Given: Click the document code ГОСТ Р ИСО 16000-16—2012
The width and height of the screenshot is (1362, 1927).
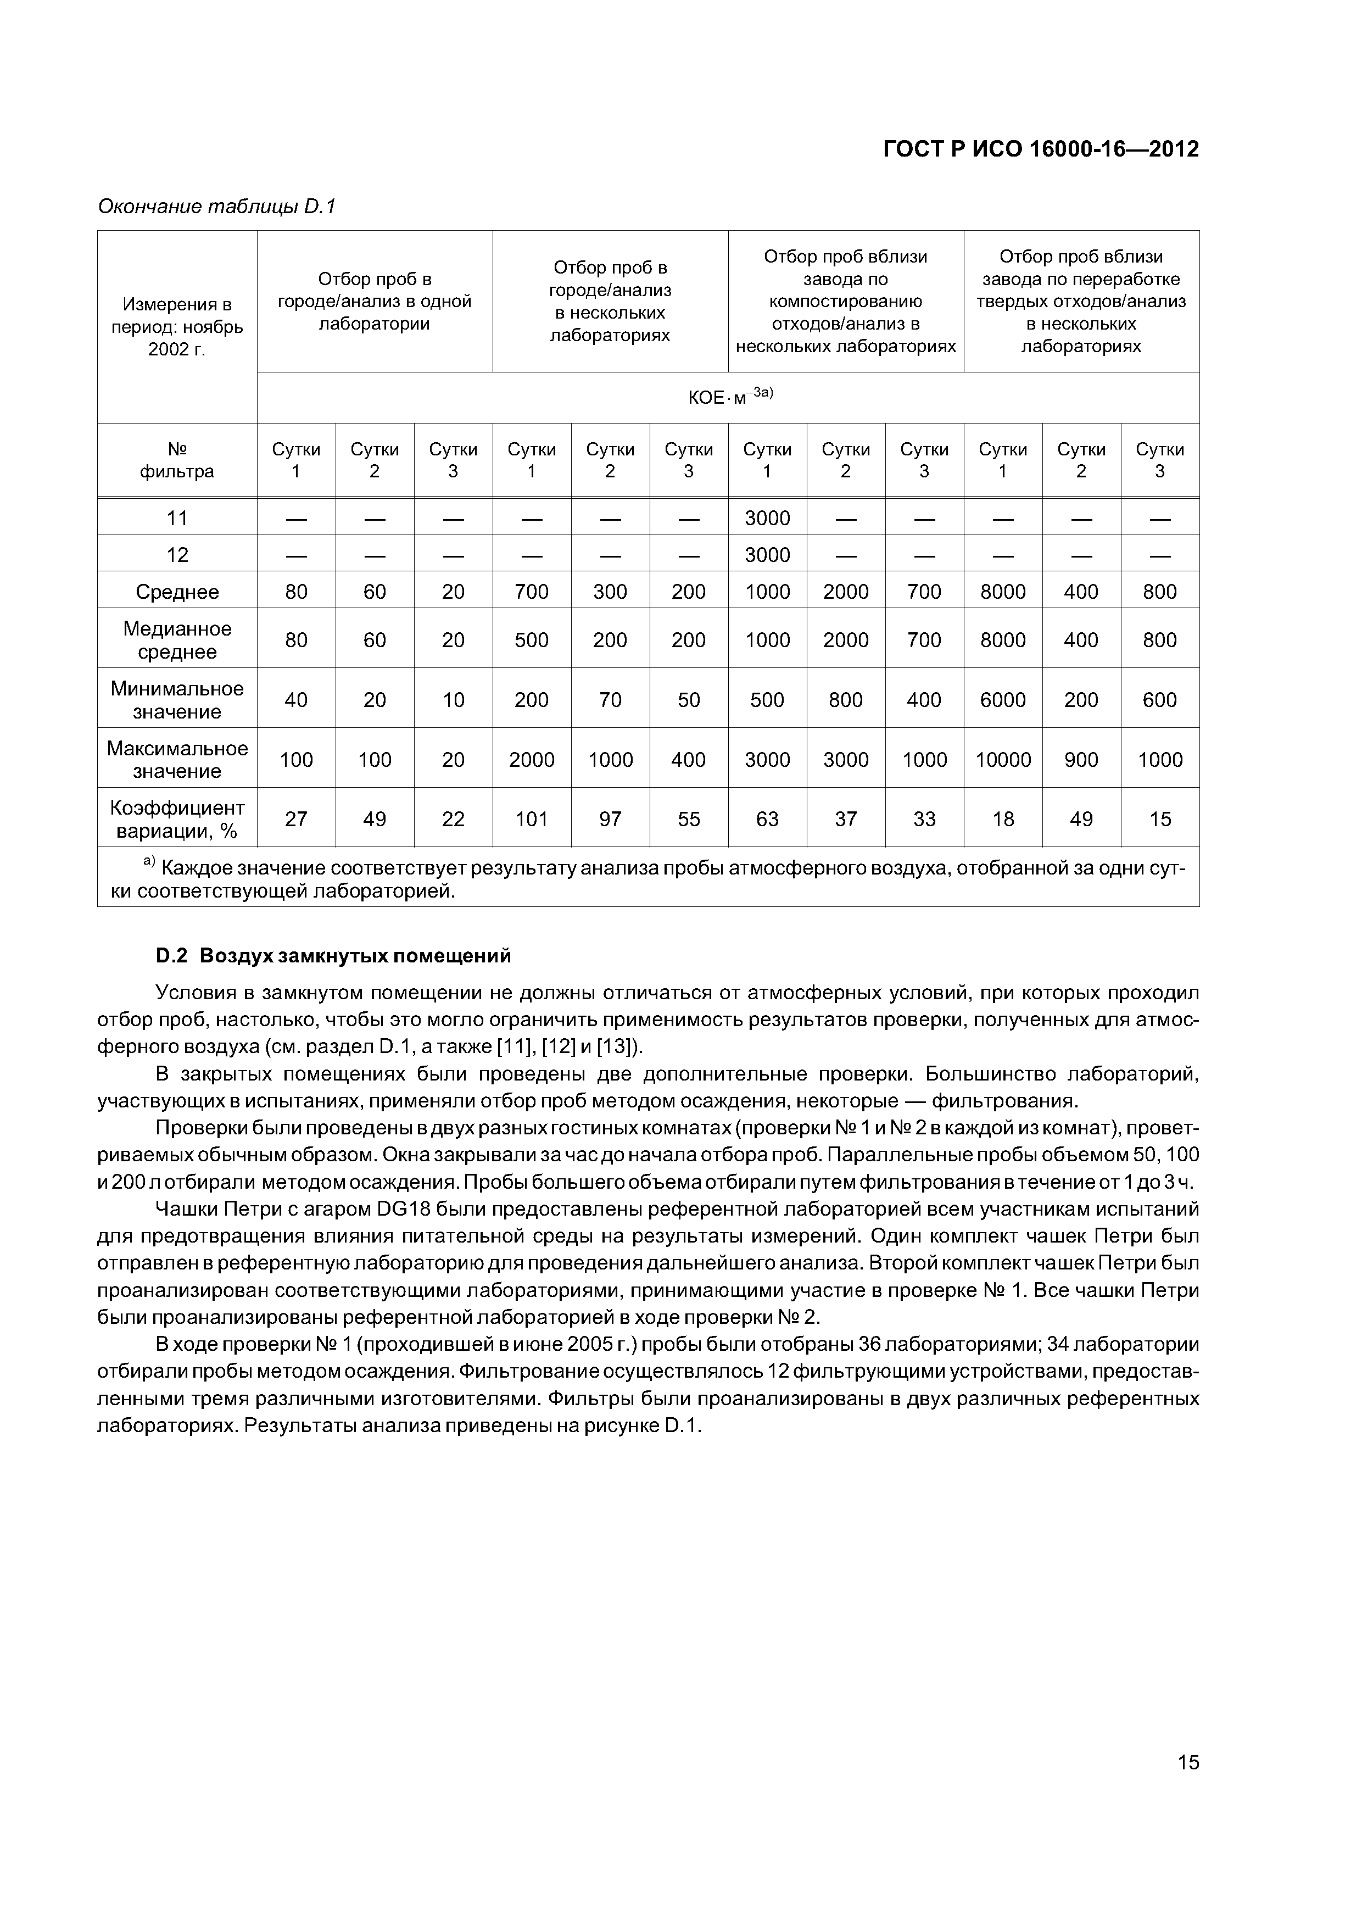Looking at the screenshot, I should coord(1041,149).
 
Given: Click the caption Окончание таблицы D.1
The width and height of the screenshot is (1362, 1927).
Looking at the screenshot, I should coord(216,207).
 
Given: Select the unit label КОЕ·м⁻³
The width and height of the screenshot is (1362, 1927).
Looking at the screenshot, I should coord(728,396).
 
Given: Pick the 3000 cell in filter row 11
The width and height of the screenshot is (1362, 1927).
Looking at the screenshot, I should coord(767,519).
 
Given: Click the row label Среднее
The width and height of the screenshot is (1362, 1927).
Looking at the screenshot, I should coord(177,593).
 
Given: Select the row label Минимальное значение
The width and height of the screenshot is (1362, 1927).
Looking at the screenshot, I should coord(177,700).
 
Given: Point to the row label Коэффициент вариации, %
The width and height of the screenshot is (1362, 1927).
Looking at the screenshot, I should coord(177,819).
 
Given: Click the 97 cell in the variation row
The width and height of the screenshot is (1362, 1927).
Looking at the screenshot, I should coord(610,819).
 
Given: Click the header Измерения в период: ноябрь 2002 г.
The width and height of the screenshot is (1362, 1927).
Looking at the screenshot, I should coord(177,326).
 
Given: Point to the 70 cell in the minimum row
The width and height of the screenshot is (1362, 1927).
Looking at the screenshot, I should coord(610,700).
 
